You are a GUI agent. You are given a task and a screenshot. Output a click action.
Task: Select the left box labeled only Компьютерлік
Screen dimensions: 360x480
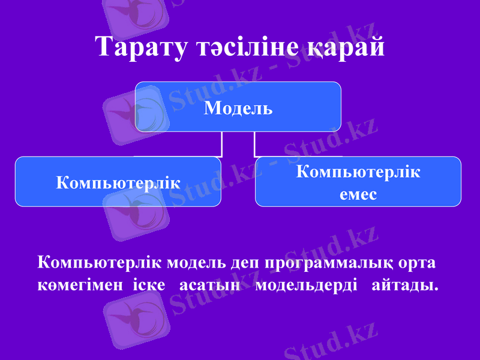click(118, 182)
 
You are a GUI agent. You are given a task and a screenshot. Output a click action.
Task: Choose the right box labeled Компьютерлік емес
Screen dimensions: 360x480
click(358, 182)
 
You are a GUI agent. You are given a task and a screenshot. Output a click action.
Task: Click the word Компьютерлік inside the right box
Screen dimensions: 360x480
click(358, 172)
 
